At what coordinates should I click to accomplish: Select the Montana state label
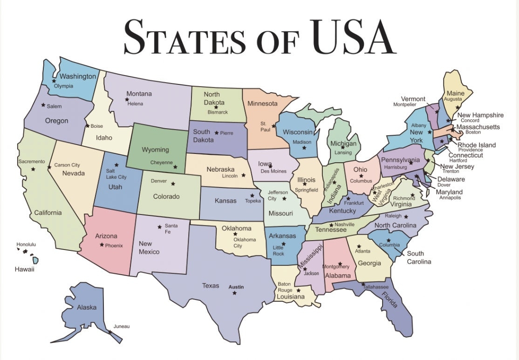point(139,94)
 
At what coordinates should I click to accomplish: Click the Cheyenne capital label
point(161,162)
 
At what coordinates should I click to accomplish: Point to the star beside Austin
point(234,293)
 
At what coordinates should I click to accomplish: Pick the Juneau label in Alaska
point(122,326)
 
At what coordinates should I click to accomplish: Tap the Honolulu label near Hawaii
point(26,244)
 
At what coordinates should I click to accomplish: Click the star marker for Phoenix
point(102,244)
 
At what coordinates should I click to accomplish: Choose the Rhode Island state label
point(477,145)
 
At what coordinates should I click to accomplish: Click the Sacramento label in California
point(32,161)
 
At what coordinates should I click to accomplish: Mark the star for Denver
point(173,183)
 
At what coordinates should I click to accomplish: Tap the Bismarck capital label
point(218,112)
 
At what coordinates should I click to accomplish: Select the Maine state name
point(455,93)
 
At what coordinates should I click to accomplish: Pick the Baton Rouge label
point(285,287)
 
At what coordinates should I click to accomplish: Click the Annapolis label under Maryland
point(450,198)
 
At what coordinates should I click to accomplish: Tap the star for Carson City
point(49,167)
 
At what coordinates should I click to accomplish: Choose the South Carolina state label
point(419,257)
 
